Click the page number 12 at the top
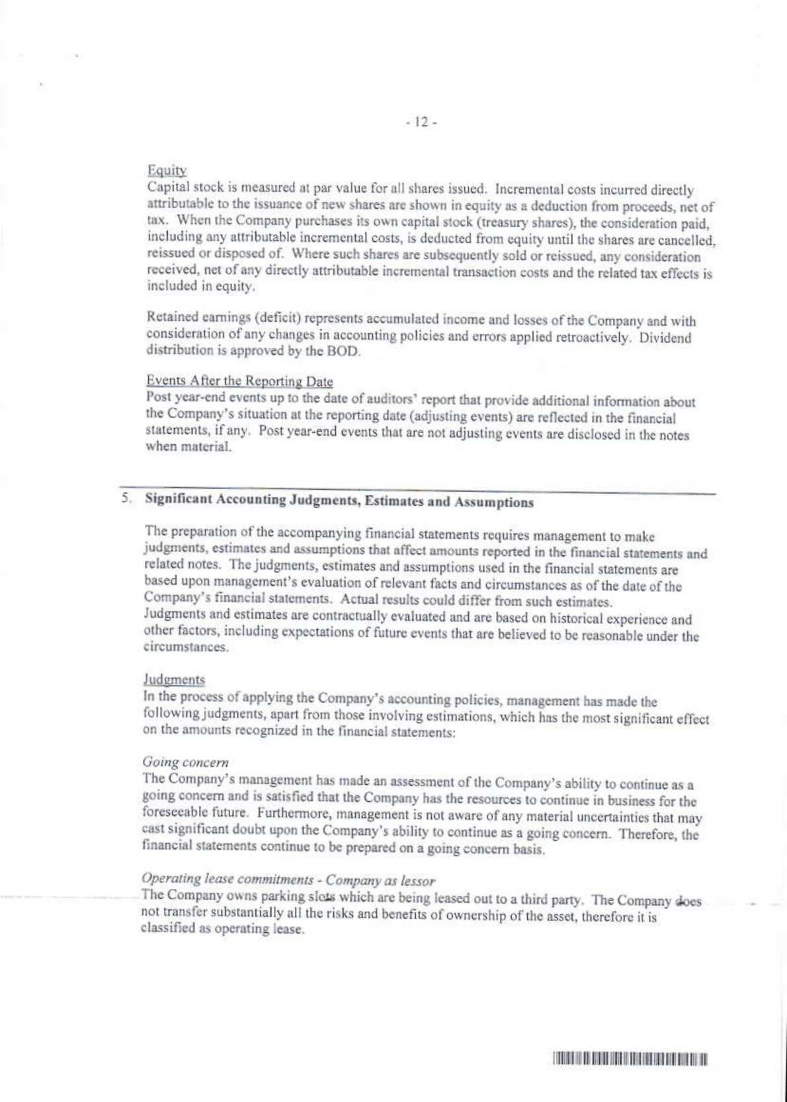pyautogui.click(x=421, y=122)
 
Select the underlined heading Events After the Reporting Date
pyautogui.click(x=239, y=381)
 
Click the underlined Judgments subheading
pyautogui.click(x=174, y=679)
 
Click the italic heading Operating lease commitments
pyautogui.click(x=228, y=879)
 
